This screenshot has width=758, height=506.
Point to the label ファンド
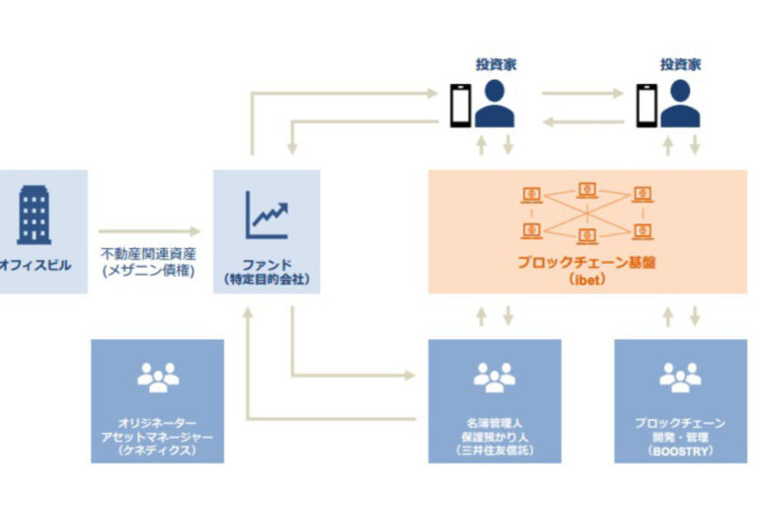pos(266,265)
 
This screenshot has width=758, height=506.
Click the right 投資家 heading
pos(680,64)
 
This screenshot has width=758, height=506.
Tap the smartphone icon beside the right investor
pos(645,104)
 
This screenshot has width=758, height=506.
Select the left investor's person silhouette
pos(495,104)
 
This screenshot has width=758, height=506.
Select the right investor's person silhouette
pos(681,104)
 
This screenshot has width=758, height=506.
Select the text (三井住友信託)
pos(494,452)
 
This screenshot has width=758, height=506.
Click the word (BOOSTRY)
pos(680,452)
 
